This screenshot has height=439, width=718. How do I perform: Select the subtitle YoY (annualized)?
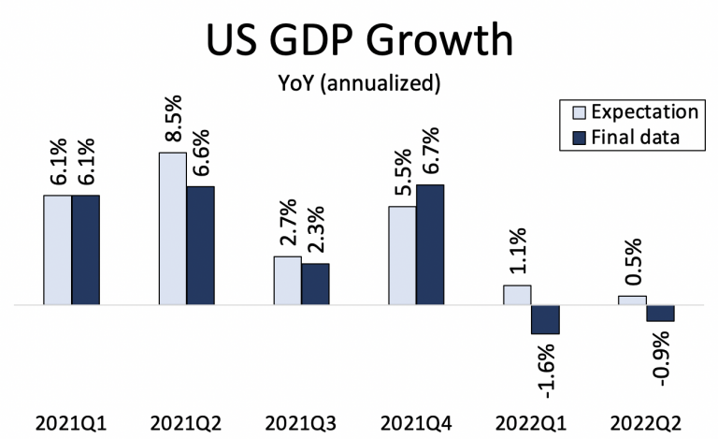coord(359,83)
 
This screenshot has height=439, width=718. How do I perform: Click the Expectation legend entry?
coord(636,111)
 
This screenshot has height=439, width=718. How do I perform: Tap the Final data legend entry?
coord(636,137)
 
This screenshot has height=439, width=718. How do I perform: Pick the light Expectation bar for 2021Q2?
coord(172,228)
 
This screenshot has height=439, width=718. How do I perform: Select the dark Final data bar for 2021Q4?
coord(430,244)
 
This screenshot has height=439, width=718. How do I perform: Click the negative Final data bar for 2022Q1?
coord(545,319)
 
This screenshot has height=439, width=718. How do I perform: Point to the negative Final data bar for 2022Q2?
coord(660,314)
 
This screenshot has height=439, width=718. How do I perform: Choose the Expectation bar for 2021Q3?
coord(287,281)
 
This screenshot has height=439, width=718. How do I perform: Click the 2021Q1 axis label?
coord(71,423)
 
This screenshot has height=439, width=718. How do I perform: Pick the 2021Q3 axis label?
coord(301,423)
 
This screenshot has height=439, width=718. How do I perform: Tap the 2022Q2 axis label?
coord(646,423)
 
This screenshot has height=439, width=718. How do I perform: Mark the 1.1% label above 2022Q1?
coord(517,251)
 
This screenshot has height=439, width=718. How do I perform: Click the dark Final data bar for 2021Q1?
coord(85,250)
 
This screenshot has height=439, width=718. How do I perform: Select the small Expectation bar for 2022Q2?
coord(632,300)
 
